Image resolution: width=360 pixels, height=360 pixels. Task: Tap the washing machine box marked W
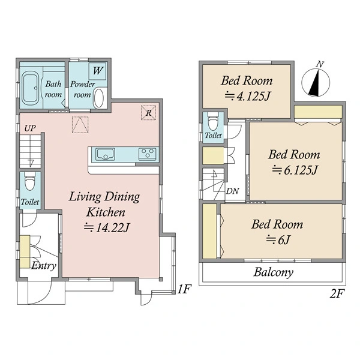98,71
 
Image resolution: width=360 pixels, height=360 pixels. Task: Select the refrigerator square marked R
149,113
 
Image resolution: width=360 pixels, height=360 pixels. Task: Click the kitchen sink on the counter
105,154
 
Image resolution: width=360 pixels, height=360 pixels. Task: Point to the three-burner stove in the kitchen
147,154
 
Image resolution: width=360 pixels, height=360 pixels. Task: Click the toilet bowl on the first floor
29,181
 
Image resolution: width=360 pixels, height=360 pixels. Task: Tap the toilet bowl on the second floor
212,121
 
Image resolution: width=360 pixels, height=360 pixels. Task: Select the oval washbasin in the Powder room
99,98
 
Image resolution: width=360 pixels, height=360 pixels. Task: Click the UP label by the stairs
30,128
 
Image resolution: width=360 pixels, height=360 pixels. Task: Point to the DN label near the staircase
232,191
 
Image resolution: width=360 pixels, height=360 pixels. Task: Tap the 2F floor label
337,293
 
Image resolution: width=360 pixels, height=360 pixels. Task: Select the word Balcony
273,272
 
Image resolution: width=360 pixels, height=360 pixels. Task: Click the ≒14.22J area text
107,227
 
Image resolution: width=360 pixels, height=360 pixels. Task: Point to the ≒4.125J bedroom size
247,96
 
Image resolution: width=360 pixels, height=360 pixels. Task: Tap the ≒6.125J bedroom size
295,170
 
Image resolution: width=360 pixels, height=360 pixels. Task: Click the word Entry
44,266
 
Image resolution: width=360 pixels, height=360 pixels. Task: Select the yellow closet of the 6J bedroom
209,231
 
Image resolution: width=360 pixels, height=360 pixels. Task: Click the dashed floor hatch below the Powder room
80,125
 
